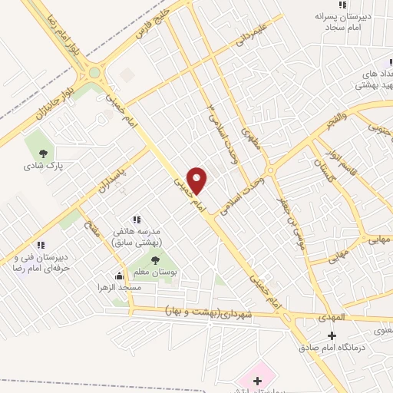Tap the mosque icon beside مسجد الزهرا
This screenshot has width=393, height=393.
[x=119, y=275]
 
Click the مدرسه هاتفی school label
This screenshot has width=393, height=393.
[x=139, y=237]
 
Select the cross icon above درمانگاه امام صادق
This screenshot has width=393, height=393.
[x=332, y=335]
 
